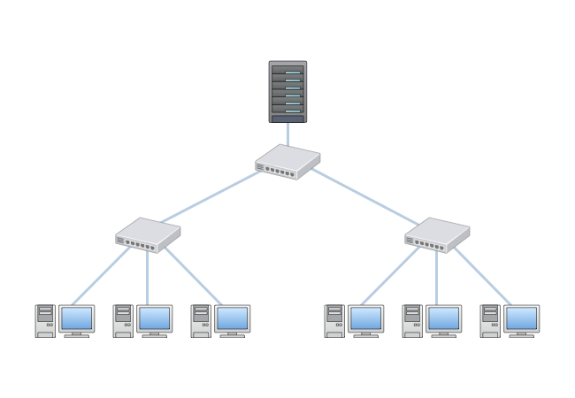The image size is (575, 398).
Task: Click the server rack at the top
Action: coord(287,91)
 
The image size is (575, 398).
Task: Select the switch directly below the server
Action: coord(287,163)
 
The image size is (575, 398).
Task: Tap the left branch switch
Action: coord(148,235)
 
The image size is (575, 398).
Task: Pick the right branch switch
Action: coord(437,235)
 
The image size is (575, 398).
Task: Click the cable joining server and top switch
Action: coord(287,134)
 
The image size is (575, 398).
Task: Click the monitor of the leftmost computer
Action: coord(77,318)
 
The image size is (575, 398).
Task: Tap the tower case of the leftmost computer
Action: coord(45,321)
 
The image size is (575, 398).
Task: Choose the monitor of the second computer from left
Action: coord(155,318)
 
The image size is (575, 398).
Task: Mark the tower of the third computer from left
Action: coord(201,321)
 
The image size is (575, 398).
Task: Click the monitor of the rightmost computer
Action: coord(522,318)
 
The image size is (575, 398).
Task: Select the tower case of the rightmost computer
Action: coord(490,321)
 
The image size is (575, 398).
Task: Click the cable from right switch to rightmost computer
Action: coord(483,276)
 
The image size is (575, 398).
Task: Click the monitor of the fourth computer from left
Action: coord(366,318)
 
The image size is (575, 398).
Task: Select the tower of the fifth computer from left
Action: coord(412,321)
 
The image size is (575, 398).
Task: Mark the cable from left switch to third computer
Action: coord(193,276)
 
